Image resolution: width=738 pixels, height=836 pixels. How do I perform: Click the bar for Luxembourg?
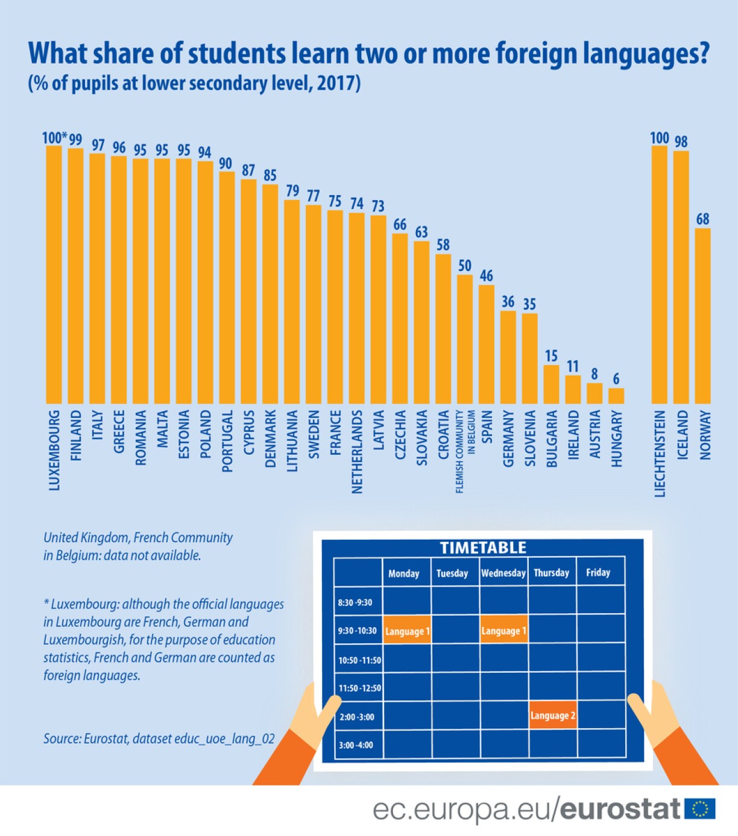click(x=54, y=274)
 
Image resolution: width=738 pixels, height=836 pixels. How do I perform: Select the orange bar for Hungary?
click(x=616, y=396)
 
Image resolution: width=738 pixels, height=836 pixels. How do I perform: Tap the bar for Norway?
click(x=702, y=316)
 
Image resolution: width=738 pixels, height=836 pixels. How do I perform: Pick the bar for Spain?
click(x=486, y=344)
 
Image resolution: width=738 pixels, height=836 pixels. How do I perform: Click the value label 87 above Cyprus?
click(x=248, y=170)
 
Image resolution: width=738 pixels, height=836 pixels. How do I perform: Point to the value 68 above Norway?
click(x=702, y=219)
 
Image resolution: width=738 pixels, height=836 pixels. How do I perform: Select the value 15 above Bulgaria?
click(x=551, y=356)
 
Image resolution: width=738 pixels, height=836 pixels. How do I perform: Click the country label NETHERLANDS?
click(x=357, y=452)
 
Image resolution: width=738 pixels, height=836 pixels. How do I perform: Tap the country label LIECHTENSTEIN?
click(x=660, y=454)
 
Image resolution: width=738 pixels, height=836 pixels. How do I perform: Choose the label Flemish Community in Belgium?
click(x=465, y=452)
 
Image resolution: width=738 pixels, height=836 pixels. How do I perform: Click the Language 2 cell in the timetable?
click(x=552, y=716)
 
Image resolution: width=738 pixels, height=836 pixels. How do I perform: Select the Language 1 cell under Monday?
click(x=407, y=631)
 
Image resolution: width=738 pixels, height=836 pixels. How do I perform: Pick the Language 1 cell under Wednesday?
click(x=503, y=631)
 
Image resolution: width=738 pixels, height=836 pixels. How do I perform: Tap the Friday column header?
click(x=598, y=572)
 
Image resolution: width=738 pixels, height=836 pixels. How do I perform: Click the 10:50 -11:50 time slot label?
click(x=359, y=660)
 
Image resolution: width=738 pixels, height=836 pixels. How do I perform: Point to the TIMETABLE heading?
click(x=483, y=547)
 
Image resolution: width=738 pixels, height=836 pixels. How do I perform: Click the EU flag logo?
click(x=699, y=809)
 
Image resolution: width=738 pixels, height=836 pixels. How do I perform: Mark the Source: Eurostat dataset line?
click(x=159, y=738)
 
